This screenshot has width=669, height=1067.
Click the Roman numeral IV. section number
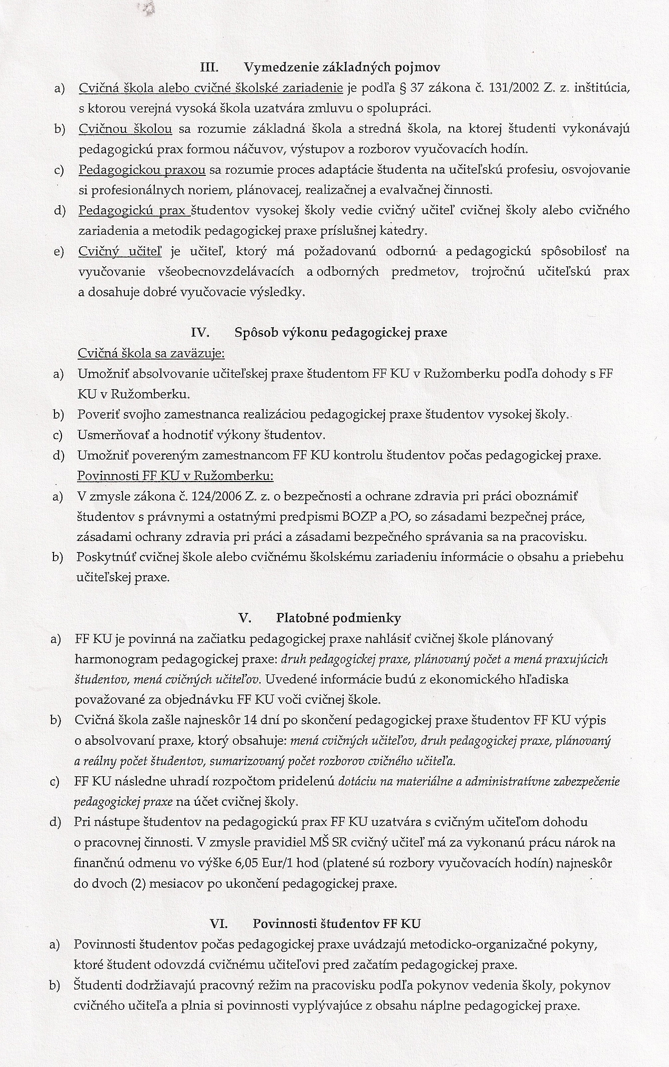click(200, 332)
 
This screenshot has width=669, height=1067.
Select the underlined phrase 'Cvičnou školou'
click(125, 129)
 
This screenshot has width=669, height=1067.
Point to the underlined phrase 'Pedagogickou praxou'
click(142, 170)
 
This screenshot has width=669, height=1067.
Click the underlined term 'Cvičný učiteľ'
click(120, 251)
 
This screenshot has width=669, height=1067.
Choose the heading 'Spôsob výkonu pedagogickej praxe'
click(340, 332)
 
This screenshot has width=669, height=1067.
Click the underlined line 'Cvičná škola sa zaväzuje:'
click(151, 353)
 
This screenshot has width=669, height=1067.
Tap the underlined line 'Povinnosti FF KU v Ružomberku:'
click(175, 476)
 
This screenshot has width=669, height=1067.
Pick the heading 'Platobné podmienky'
click(338, 618)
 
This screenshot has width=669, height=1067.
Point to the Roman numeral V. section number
click(244, 618)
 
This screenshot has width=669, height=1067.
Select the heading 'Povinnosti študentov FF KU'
click(336, 924)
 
